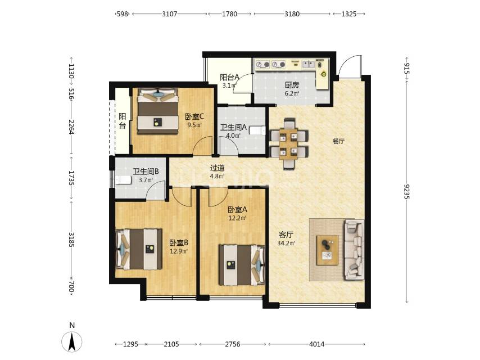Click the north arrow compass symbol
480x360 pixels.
[72, 341]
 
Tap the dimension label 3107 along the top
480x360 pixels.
[169, 14]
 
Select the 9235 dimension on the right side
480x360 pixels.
[407, 191]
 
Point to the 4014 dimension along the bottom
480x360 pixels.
[316, 344]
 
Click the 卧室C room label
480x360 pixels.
[194, 117]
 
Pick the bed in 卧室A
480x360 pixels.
[242, 265]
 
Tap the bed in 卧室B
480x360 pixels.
[139, 249]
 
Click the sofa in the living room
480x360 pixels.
[355, 249]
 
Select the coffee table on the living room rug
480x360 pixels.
[328, 250]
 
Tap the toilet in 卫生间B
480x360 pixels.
[123, 180]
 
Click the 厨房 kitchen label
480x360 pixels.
[292, 85]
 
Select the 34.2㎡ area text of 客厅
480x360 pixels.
[286, 243]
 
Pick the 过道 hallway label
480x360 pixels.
[218, 168]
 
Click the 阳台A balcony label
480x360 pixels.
[229, 78]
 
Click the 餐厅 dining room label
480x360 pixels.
[338, 141]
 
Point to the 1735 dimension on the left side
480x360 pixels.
[71, 178]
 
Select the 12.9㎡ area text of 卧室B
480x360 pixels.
[179, 251]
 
